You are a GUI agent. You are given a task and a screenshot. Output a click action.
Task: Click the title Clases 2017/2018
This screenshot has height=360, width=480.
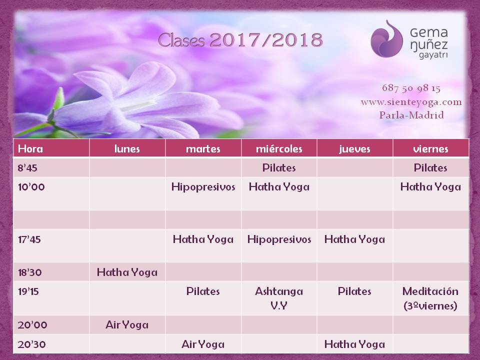tap(240, 40)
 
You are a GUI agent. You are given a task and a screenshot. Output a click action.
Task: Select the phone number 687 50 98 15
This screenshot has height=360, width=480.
tap(411, 88)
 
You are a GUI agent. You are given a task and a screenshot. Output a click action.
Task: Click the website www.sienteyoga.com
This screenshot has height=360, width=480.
tap(411, 102)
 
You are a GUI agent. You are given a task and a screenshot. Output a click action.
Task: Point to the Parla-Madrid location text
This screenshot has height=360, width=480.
tap(411, 115)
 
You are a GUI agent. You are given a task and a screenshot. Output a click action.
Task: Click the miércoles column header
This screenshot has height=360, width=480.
tap(279, 149)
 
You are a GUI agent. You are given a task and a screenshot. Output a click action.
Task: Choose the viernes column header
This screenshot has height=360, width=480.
tap(430, 149)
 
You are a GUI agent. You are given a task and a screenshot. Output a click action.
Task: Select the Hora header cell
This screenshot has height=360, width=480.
tap(30, 148)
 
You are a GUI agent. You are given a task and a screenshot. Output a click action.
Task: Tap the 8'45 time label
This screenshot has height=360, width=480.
tap(27, 168)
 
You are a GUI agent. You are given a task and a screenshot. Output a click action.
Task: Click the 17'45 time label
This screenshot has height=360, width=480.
tap(29, 239)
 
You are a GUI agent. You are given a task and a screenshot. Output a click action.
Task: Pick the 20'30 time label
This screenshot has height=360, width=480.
tap(32, 344)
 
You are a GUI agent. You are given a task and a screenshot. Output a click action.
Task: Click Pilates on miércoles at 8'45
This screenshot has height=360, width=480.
tap(279, 168)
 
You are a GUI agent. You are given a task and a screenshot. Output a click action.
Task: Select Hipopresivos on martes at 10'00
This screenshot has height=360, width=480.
tap(203, 187)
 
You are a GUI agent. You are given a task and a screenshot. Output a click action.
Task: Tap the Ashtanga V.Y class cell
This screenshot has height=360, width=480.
tap(279, 298)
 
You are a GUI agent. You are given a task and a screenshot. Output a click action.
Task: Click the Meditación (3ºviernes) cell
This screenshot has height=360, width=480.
tap(430, 298)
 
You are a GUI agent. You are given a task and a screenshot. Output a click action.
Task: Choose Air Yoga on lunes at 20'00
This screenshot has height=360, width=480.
tap(127, 325)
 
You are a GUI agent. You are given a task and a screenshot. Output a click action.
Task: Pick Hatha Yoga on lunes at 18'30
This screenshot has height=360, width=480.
tap(127, 272)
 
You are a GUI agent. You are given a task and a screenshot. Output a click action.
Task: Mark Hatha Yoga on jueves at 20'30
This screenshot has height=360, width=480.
tap(354, 344)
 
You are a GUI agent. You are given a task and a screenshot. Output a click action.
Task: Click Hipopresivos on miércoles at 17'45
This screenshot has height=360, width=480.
tap(279, 239)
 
